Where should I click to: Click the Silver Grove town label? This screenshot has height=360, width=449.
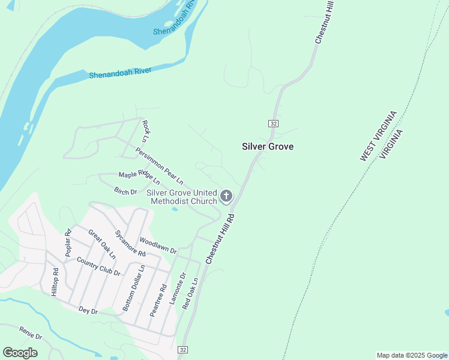pos(268,146)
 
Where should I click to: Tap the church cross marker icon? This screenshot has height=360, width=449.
pos(226,196)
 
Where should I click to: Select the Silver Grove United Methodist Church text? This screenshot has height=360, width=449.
pos(182,196)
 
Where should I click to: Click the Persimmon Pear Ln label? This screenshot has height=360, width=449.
pos(159,165)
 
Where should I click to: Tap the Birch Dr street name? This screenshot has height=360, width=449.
pos(125,191)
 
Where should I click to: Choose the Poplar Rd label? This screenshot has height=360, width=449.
pos(68,243)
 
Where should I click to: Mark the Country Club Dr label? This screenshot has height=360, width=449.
pos(99,268)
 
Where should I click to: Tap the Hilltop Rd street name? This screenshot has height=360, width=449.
pos(55,281)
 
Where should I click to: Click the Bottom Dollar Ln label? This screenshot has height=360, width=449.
pos(133,289)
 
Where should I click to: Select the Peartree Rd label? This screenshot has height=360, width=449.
pos(156,300)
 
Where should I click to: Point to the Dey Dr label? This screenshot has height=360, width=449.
pos(88,310)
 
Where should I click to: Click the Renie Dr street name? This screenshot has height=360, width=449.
pos(30,333)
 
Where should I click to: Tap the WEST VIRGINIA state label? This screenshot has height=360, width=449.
pos(378,136)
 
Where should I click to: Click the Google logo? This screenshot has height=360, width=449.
pos(20,353)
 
